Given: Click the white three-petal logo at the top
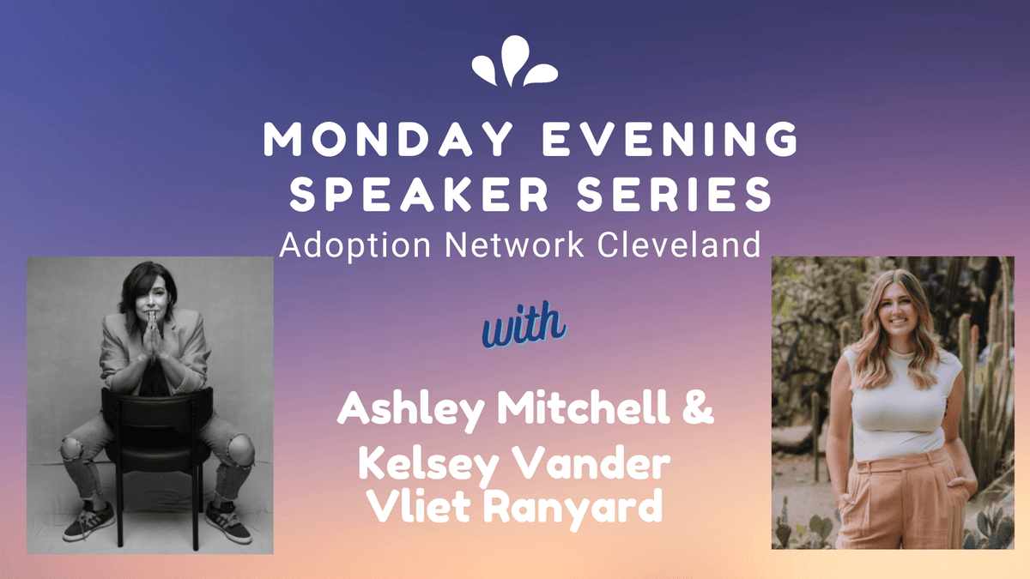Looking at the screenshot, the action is tap(514, 62).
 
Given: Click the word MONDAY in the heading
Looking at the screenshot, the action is tap(389, 139).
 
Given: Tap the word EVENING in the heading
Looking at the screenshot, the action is tap(670, 139).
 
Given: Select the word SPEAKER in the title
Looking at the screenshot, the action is tap(420, 195).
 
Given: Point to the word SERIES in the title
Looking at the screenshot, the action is tap(675, 195).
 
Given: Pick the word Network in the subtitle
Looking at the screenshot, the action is tap(514, 245).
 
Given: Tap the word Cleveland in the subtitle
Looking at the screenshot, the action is tap(679, 245).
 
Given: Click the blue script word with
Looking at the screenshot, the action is tap(524, 325).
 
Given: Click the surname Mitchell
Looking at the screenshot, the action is tap(583, 407).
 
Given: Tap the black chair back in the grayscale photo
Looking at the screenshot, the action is tap(157, 408).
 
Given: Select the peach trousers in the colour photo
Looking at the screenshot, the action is tap(904, 501).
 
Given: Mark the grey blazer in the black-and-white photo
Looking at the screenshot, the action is tap(154, 352).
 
